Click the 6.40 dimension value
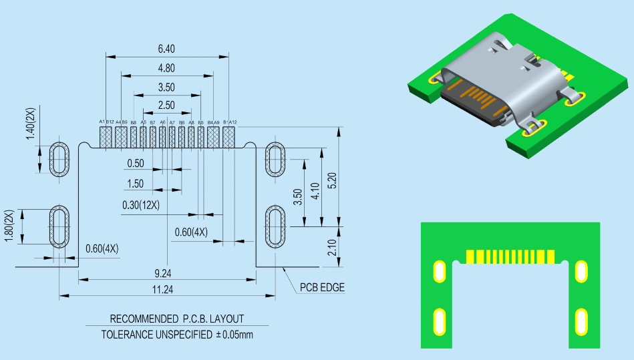[166, 49]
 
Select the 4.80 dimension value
[166, 68]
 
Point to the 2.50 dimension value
[166, 106]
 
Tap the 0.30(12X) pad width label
[141, 205]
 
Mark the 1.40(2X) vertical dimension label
[30, 124]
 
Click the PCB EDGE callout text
[321, 288]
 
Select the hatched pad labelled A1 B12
[106, 137]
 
